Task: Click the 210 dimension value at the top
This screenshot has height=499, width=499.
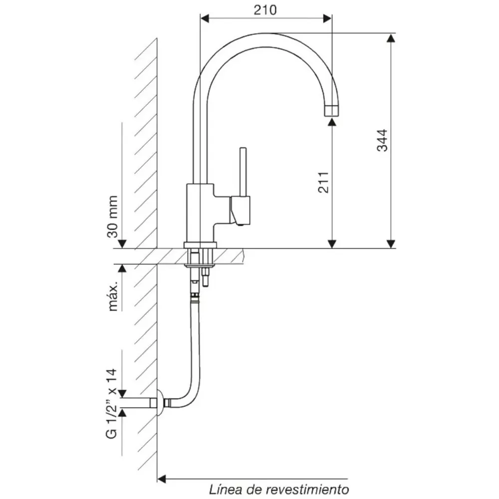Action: point(265,10)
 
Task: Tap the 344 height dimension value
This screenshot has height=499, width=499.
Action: point(382,140)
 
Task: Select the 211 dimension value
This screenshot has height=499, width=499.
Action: point(323,182)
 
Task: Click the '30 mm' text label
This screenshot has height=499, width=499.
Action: point(112,217)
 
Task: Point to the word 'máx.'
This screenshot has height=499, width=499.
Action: point(113,296)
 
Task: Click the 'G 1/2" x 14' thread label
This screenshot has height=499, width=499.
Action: point(111,404)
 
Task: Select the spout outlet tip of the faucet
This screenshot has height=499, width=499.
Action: point(331,110)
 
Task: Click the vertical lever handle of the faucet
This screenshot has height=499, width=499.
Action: point(243,172)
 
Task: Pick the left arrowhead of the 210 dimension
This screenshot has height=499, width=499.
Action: point(205,18)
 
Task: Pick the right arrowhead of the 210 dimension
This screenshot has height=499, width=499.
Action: point(327,18)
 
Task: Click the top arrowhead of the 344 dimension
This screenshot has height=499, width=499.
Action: point(391,37)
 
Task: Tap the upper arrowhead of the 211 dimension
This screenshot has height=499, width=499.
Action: point(332,121)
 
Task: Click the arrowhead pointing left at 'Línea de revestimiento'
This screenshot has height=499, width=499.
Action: point(162,479)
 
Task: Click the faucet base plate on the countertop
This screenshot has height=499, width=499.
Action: point(200,245)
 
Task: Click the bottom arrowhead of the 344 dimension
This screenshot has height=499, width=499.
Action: point(391,244)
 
